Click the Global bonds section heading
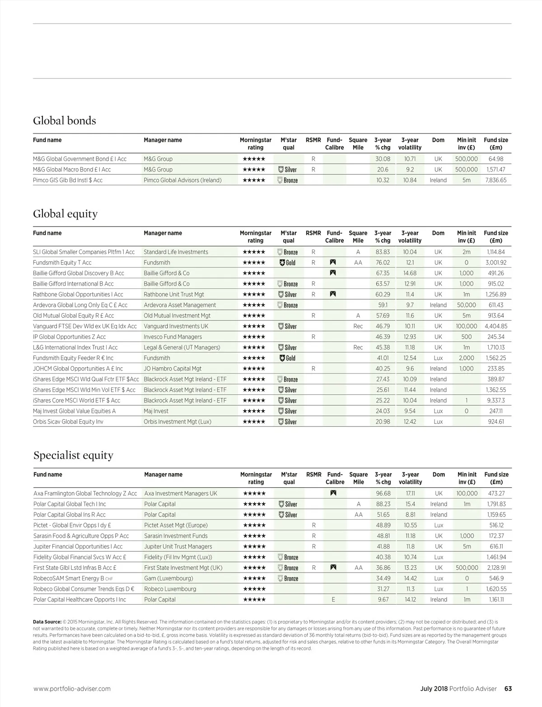pyautogui.click(x=65, y=121)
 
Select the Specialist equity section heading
pyautogui.click(x=73, y=455)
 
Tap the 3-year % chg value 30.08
pyautogui.click(x=383, y=159)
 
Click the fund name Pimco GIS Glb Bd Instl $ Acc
pyautogui.click(x=68, y=180)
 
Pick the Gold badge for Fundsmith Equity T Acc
pyautogui.click(x=288, y=263)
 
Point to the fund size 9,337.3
pyautogui.click(x=496, y=400)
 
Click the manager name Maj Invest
pyautogui.click(x=156, y=411)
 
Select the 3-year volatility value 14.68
pyautogui.click(x=410, y=273)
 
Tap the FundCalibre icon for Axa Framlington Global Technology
pyautogui.click(x=333, y=493)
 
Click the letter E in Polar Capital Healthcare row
pyautogui.click(x=333, y=600)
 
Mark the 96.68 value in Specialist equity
pyautogui.click(x=383, y=494)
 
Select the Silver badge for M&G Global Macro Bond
pyautogui.click(x=288, y=170)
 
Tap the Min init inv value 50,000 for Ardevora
pyautogui.click(x=466, y=305)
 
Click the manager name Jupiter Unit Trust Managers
pyautogui.click(x=178, y=546)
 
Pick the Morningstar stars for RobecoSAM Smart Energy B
pyautogui.click(x=254, y=578)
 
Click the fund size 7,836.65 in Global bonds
pyautogui.click(x=496, y=180)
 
